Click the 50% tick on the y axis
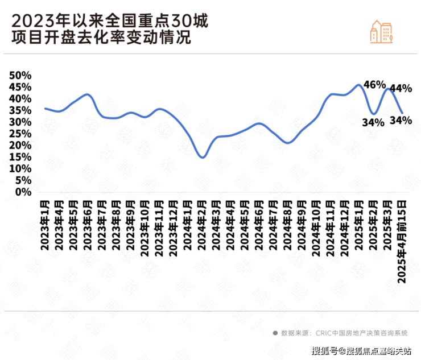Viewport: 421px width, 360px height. pyautogui.click(x=19, y=76)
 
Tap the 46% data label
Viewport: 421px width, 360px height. pyautogui.click(x=375, y=85)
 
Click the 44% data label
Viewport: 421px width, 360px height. pyautogui.click(x=401, y=89)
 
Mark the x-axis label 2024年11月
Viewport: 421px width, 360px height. pyautogui.click(x=331, y=228)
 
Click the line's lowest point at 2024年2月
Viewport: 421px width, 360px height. pyautogui.click(x=203, y=157)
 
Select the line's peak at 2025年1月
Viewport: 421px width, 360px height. pyautogui.click(x=359, y=85)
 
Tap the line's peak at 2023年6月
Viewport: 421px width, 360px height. pyautogui.click(x=87, y=94)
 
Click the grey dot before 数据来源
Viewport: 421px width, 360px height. pyautogui.click(x=275, y=333)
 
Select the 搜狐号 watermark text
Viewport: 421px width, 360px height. pyautogui.click(x=324, y=350)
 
